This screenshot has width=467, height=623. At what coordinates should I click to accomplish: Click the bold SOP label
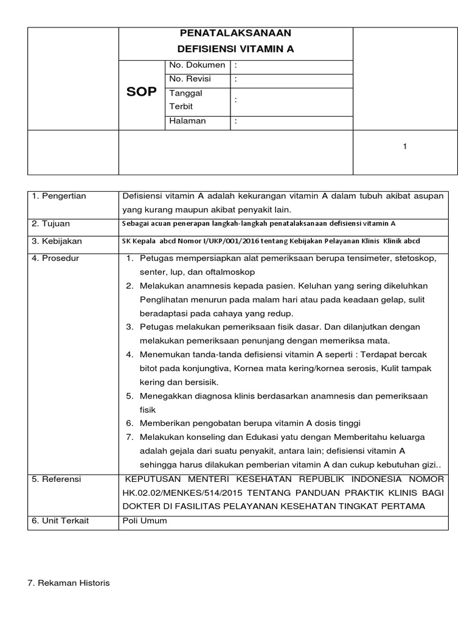pos(141,92)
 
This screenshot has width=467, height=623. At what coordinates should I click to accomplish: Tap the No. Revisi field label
pos(186,78)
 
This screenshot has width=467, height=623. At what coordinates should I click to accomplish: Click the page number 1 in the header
pos(404,147)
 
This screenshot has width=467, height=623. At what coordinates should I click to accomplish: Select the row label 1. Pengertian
pos(58,196)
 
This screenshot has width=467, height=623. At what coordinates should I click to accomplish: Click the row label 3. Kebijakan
pos(57,241)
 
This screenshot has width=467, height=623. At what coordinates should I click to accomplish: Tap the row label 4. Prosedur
pos(55,258)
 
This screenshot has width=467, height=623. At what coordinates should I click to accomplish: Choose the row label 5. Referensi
pos(56,479)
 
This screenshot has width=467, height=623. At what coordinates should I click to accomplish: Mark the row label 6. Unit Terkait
pos(60,521)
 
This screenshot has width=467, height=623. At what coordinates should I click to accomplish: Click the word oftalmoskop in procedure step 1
pos(232,271)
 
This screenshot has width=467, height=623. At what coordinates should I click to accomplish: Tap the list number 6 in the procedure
pos(130,423)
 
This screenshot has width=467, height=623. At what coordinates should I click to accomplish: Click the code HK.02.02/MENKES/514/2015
pos(178,493)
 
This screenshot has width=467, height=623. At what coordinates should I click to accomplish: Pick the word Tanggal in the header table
pos(185,93)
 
